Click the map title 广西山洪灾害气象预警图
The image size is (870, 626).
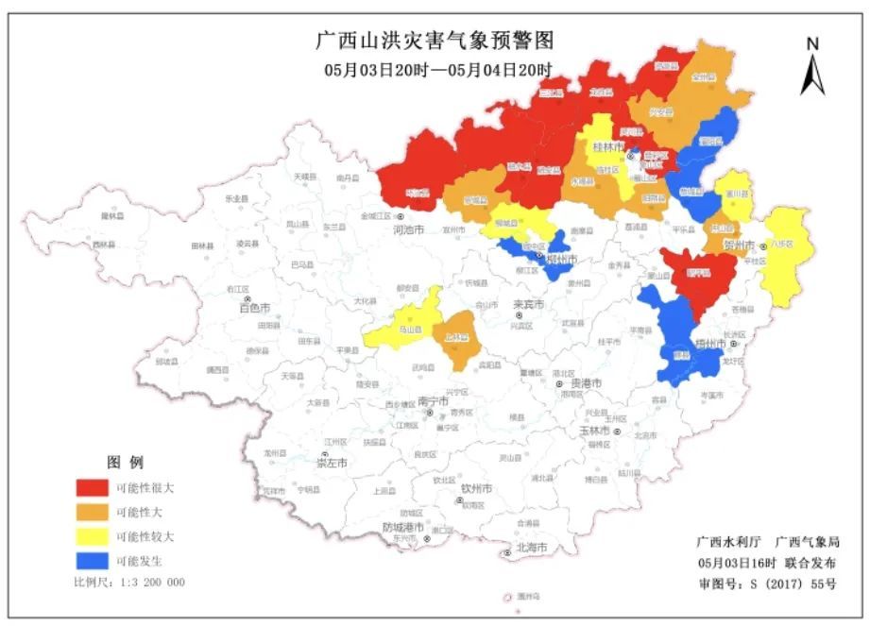pos(434,41)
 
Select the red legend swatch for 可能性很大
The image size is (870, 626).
pos(92,488)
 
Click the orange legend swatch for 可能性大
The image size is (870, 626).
pos(92,512)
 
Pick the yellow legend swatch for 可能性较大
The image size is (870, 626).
pos(92,536)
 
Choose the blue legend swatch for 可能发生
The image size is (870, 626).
pos(92,560)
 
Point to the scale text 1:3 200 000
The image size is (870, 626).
pos(129,583)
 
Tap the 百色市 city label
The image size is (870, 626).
pos(254,308)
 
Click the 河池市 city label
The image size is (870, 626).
pos(411,228)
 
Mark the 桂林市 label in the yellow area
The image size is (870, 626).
pos(608,148)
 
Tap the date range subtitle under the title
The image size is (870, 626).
pos(434,71)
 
